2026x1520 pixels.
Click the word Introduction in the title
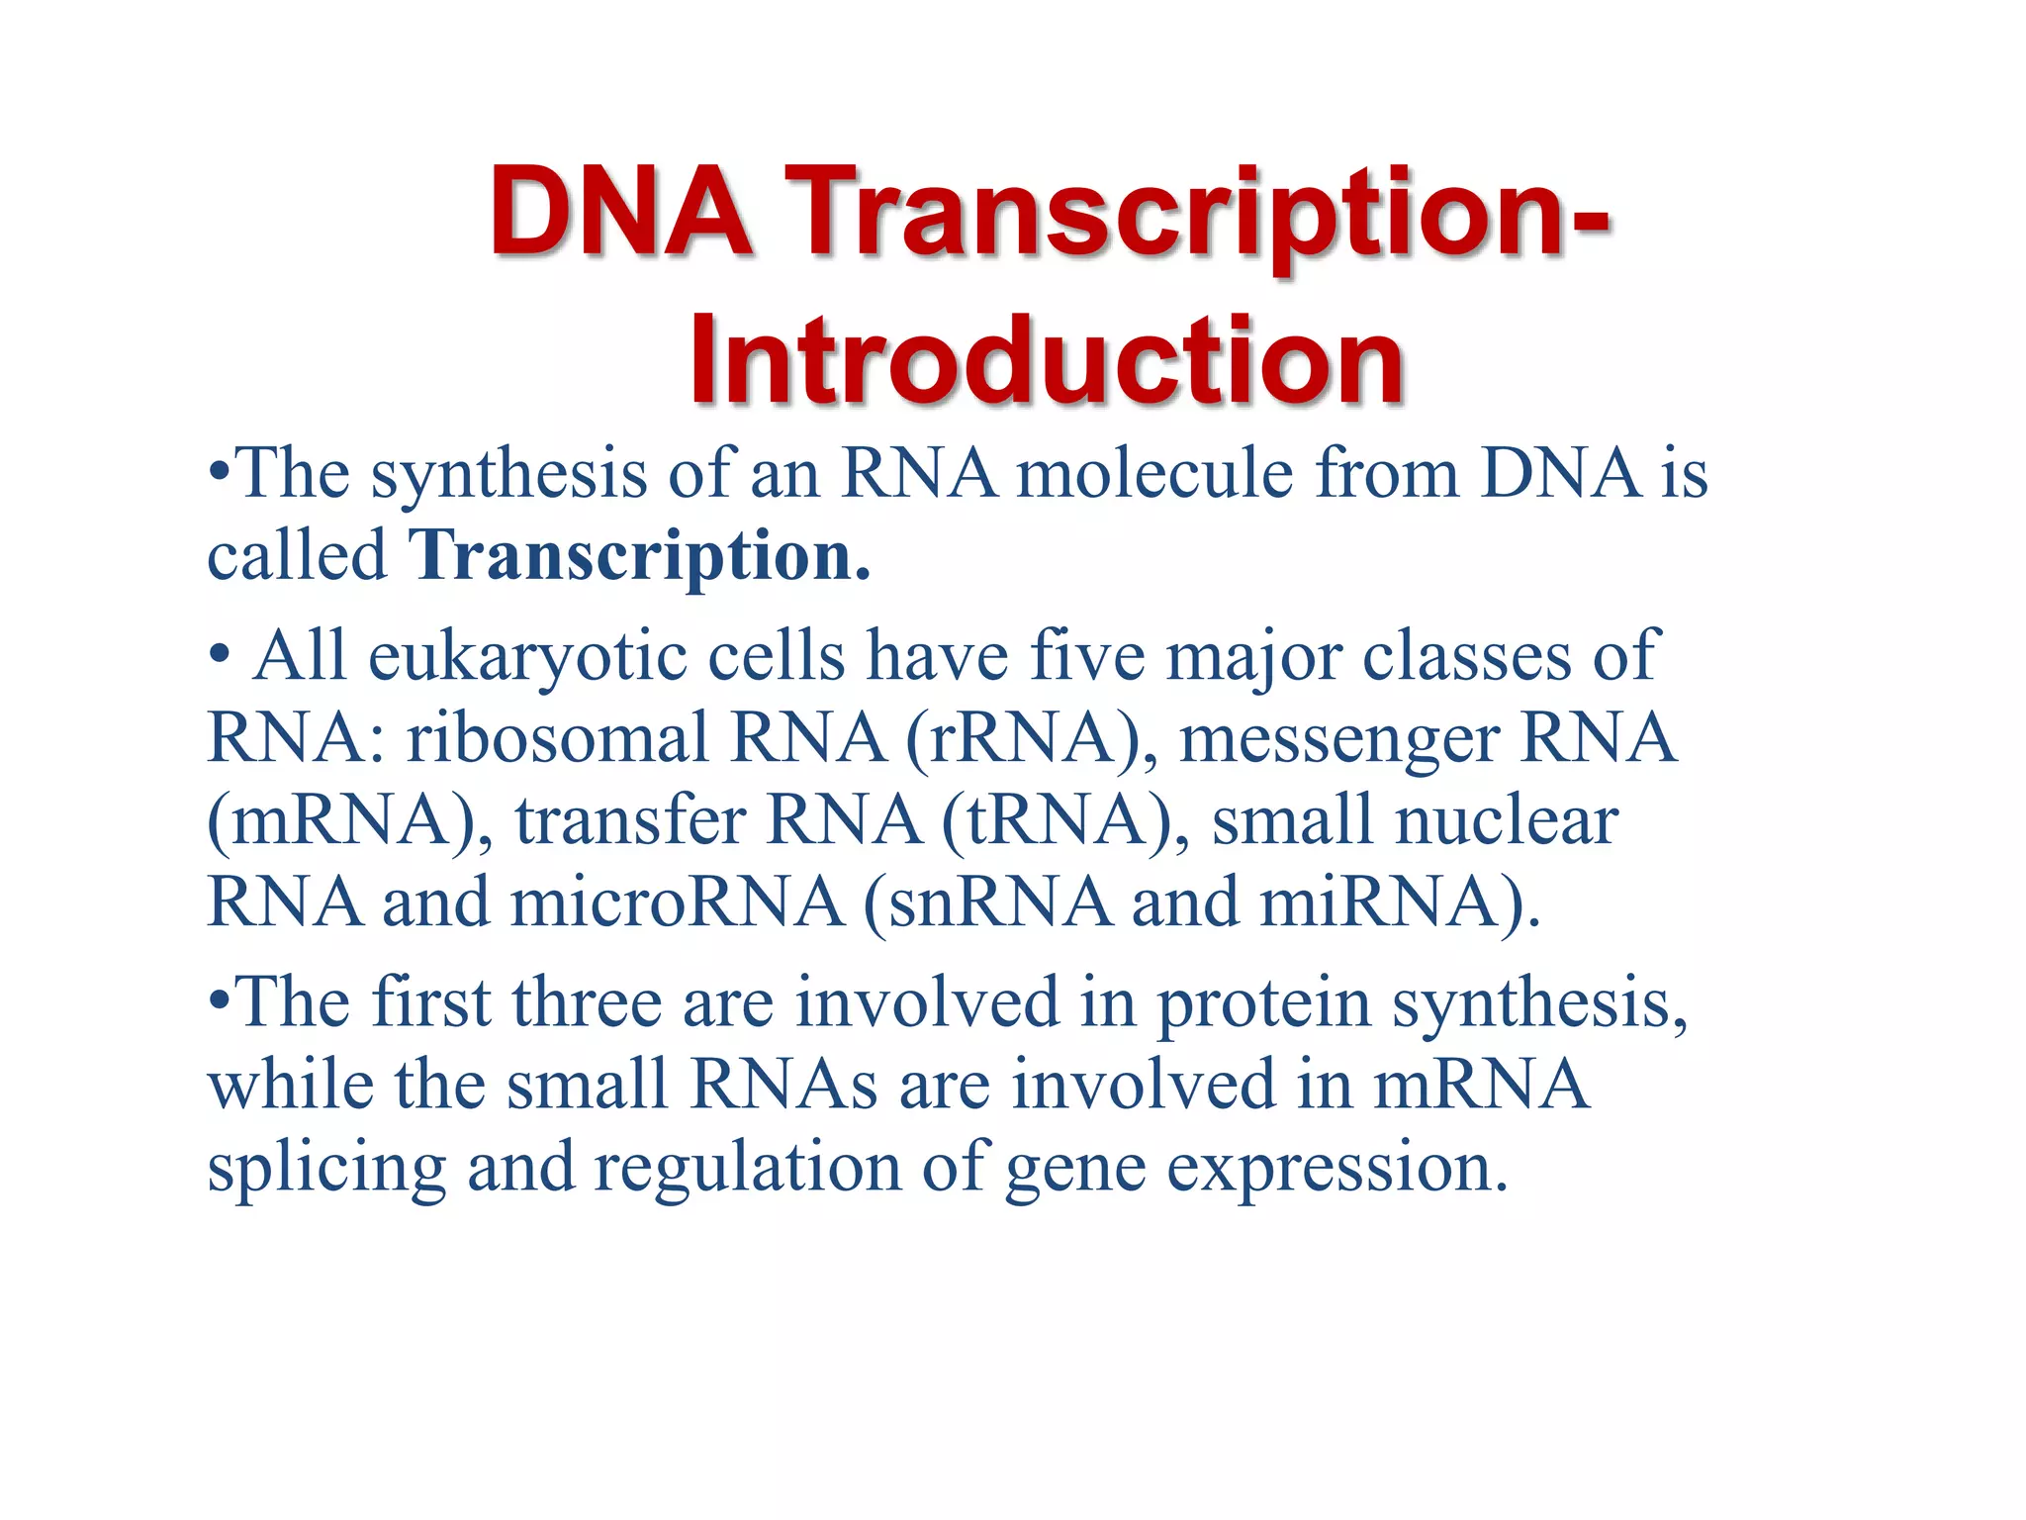pos(1046,360)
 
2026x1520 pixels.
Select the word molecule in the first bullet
pos(1155,473)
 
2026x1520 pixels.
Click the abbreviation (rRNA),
pos(1031,739)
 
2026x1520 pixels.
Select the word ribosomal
pos(558,739)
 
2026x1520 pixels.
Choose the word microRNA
pos(677,902)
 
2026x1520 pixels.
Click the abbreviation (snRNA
pos(987,902)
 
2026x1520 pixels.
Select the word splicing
pos(326,1169)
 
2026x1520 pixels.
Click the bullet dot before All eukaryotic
pos(220,655)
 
